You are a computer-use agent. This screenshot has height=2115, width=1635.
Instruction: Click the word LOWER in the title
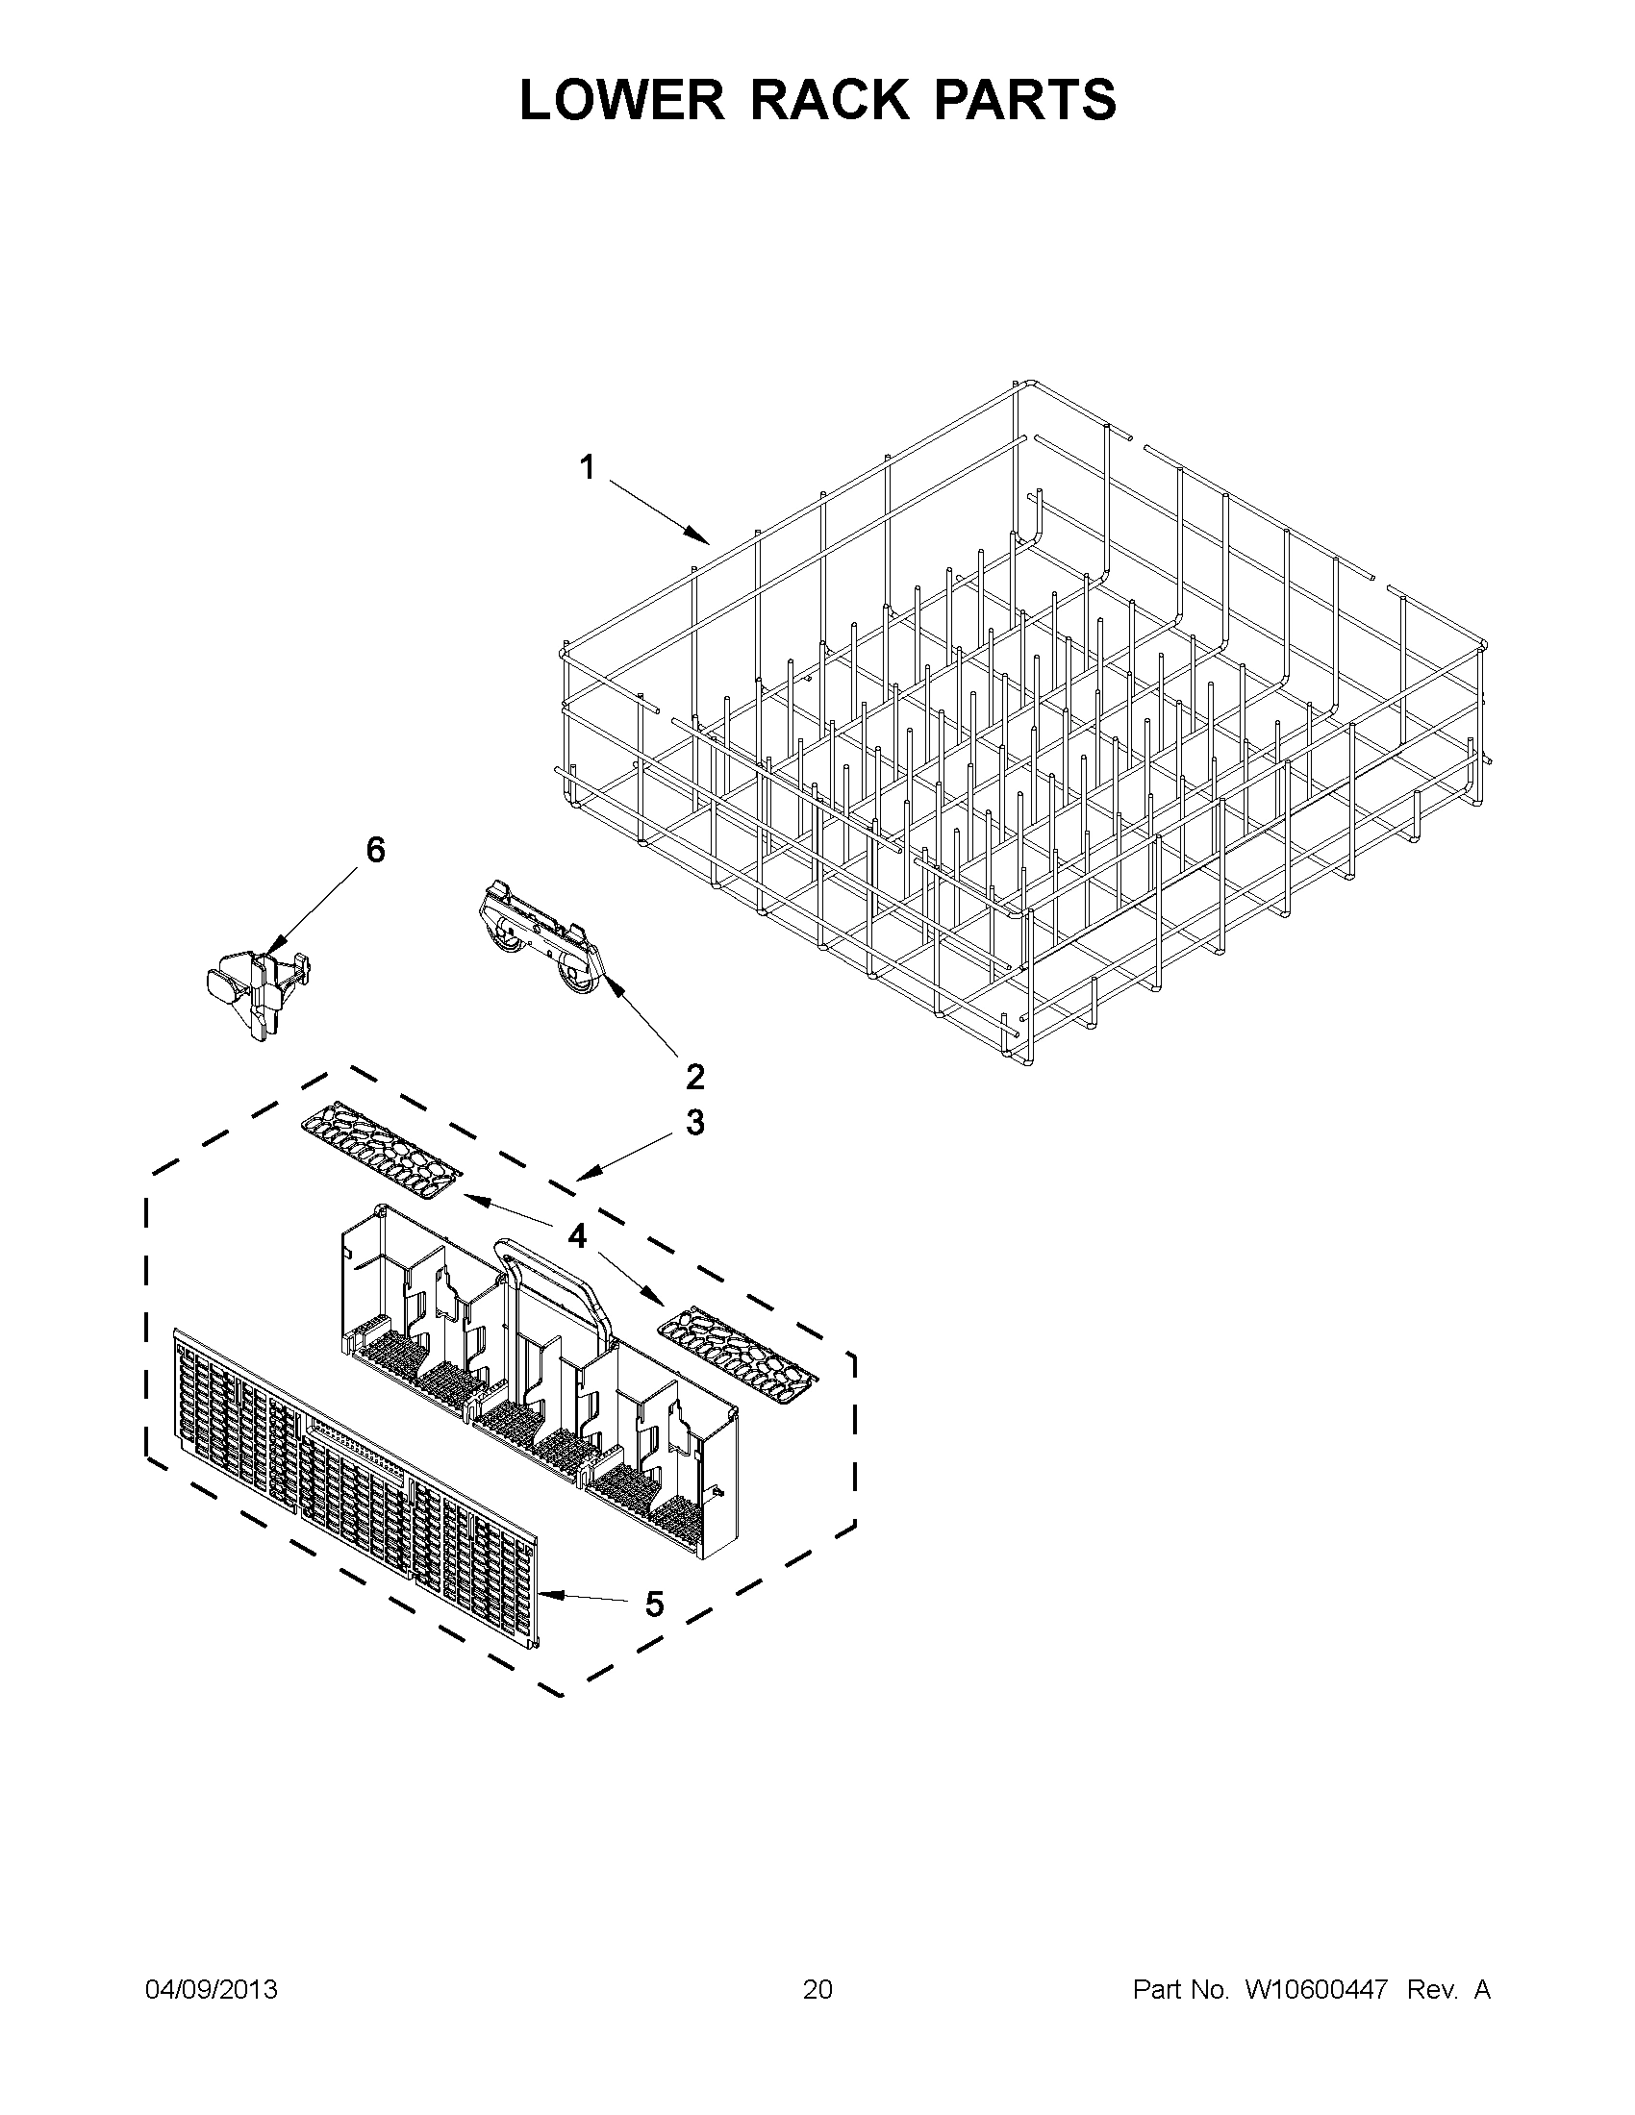click(x=621, y=100)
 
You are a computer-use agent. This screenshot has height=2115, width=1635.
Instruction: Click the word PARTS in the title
click(x=1025, y=100)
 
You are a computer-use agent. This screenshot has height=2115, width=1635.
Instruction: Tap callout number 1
click(x=587, y=468)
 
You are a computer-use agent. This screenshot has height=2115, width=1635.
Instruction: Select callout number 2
click(x=694, y=1076)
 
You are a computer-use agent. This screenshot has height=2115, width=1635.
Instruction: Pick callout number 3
click(x=694, y=1123)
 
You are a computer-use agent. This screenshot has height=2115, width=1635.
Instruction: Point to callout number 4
click(x=576, y=1235)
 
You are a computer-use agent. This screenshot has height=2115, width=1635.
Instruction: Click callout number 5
click(x=655, y=1605)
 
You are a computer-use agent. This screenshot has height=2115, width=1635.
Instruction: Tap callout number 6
click(x=375, y=850)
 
